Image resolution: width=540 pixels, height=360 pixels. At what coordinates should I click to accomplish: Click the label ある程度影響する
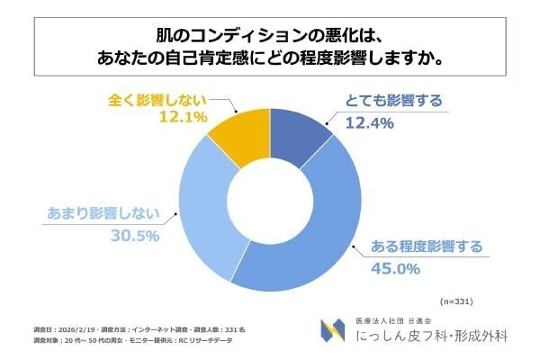(421, 246)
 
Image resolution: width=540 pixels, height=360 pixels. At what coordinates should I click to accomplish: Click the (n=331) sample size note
(456, 301)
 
